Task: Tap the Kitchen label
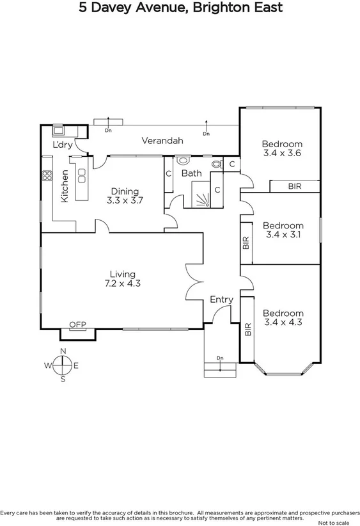(65, 186)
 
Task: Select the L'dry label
(63, 145)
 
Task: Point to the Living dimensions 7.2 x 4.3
(121, 283)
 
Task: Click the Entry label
(221, 299)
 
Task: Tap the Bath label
(191, 173)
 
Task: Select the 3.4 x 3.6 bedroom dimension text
(282, 154)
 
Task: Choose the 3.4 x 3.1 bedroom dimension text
(282, 235)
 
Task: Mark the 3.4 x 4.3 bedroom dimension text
(282, 323)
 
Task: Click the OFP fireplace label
(77, 324)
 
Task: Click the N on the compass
(63, 351)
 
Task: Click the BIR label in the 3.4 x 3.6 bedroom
(294, 186)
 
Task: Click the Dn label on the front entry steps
(220, 358)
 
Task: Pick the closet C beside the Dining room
(168, 173)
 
